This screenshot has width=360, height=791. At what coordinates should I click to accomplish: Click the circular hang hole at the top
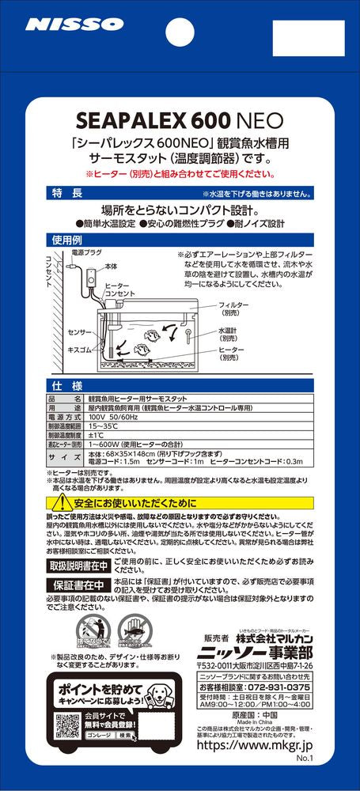[x=180, y=30]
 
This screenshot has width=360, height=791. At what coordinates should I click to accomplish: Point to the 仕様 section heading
[x=66, y=385]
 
